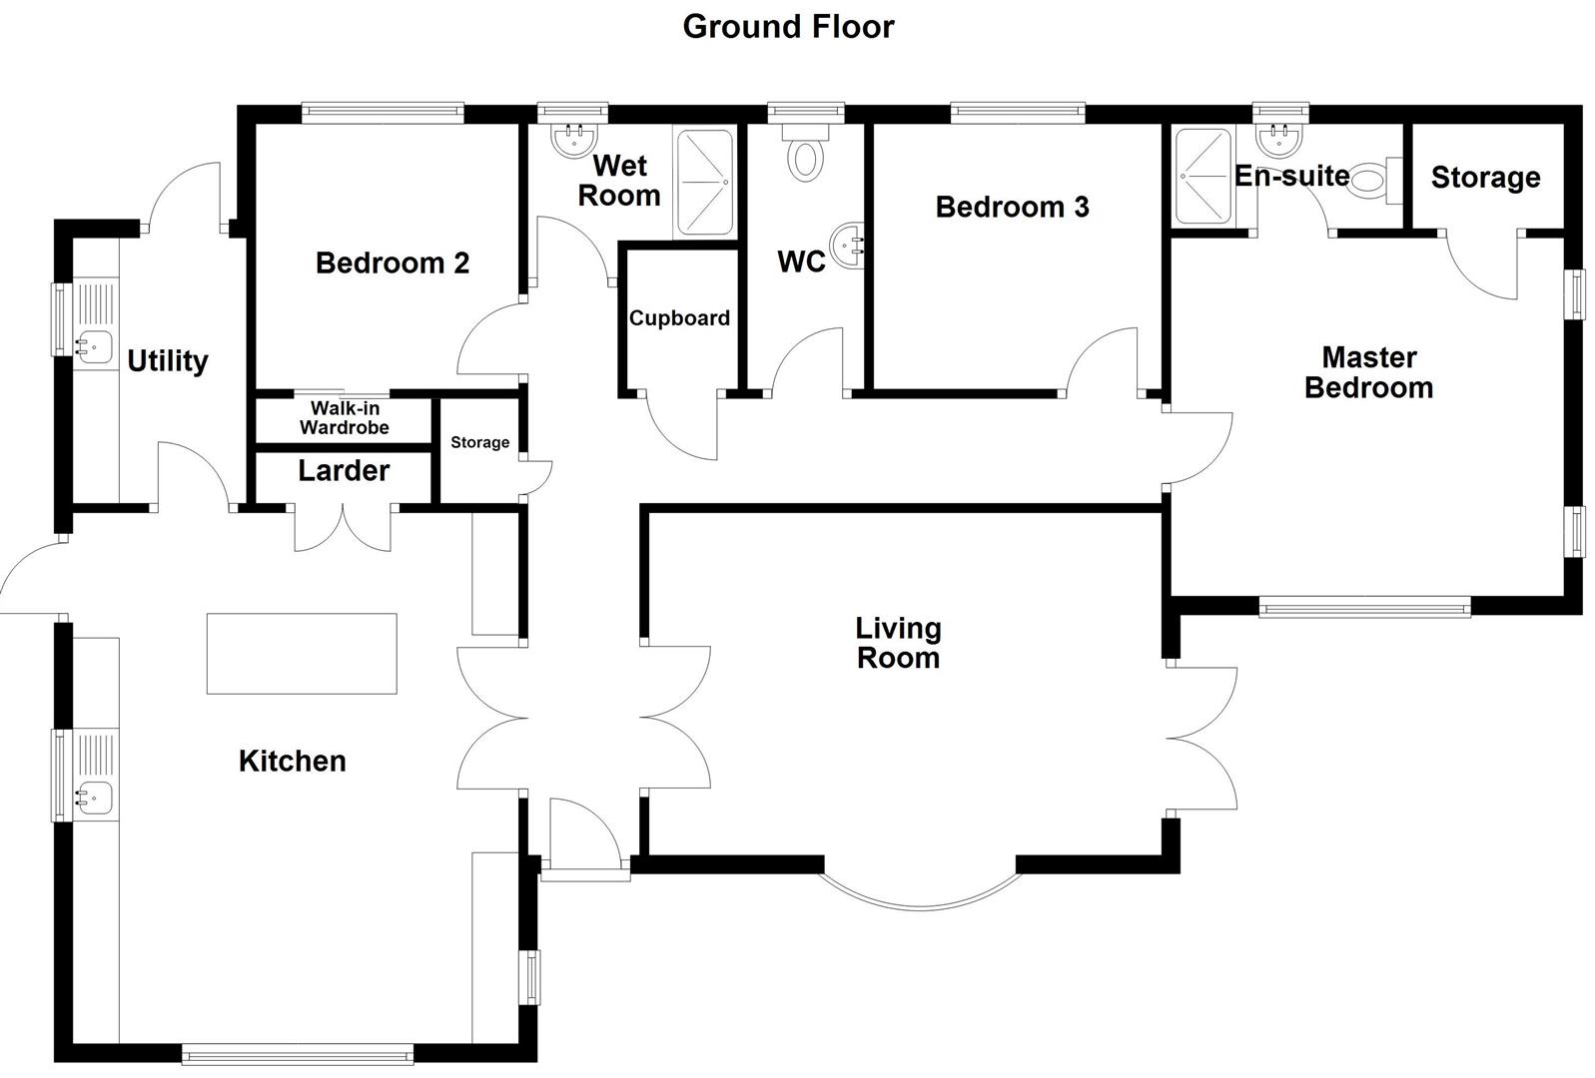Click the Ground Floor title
click(x=788, y=27)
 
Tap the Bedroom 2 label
click(x=392, y=264)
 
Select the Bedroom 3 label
click(x=1012, y=208)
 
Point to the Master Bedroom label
click(x=1368, y=372)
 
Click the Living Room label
click(x=898, y=643)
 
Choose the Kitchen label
click(x=292, y=762)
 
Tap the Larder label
click(x=344, y=471)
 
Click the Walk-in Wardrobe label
click(x=345, y=418)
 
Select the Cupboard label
click(x=679, y=318)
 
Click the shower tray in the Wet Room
click(x=704, y=184)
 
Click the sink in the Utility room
click(x=95, y=347)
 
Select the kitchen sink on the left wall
click(x=95, y=797)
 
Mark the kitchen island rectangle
click(x=302, y=654)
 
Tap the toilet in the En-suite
click(x=1370, y=182)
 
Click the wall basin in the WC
click(x=850, y=245)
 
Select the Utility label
click(x=167, y=361)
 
